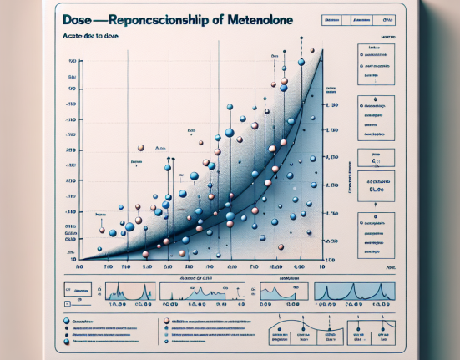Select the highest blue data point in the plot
coord(301,62)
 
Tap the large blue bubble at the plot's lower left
coord(129,226)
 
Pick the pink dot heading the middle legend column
coord(168,321)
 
